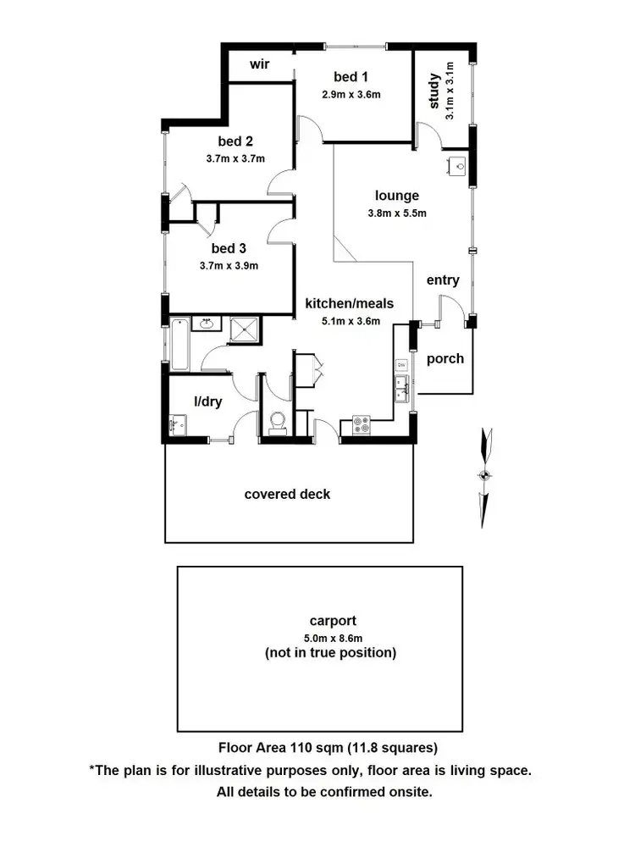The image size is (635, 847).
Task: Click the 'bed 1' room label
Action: [351, 78]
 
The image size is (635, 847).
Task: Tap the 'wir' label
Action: [259, 64]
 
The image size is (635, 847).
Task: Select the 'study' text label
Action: [433, 91]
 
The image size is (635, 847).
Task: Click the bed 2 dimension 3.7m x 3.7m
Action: [235, 158]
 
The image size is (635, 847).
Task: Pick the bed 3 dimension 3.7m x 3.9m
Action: [229, 265]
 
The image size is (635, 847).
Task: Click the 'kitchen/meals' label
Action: [350, 303]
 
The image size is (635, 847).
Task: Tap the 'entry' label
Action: [443, 280]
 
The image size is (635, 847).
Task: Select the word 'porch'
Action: [445, 358]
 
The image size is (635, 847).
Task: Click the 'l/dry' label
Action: [207, 401]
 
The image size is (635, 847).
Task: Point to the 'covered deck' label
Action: [287, 494]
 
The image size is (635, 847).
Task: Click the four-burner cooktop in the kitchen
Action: [362, 424]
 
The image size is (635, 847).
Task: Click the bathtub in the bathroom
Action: [179, 344]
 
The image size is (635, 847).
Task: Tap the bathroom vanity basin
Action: [206, 323]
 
